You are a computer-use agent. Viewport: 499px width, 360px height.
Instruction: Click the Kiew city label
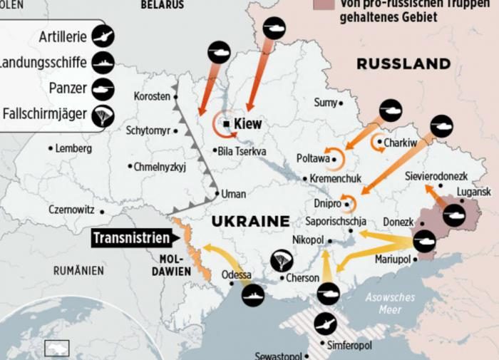247,124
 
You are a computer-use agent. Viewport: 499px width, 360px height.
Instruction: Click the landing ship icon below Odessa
253,294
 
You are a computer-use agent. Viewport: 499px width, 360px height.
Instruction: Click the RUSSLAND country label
403,64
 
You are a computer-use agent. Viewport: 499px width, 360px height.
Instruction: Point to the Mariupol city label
393,259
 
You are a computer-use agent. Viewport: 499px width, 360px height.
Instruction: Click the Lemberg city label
73,148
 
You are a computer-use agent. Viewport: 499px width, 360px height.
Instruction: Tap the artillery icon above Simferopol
325,324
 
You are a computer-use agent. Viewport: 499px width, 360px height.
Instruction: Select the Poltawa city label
313,158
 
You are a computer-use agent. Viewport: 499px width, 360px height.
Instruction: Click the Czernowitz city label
71,210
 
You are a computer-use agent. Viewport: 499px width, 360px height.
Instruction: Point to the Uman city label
233,194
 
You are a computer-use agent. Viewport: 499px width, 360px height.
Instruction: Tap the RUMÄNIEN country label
78,271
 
